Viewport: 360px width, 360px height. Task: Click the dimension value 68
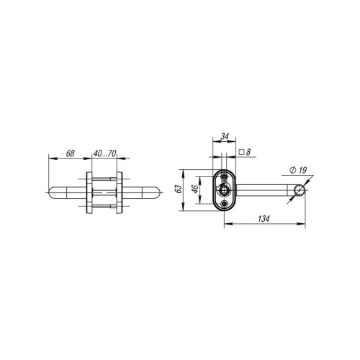click(71, 153)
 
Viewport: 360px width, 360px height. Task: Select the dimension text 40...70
click(105, 153)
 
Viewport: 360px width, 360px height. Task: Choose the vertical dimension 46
click(194, 190)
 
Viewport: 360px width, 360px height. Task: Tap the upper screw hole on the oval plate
click(225, 177)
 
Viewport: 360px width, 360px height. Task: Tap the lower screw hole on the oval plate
click(225, 204)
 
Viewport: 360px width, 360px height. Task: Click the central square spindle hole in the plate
click(225, 191)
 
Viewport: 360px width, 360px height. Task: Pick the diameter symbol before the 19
click(292, 171)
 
